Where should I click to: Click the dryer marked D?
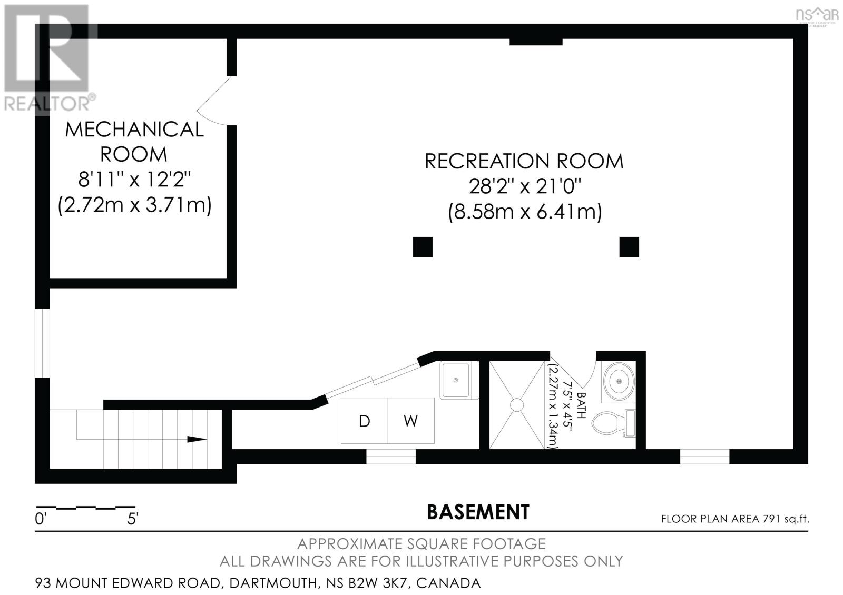364,421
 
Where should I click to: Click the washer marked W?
411,421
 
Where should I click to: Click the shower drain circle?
516,405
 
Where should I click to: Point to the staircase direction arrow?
197,439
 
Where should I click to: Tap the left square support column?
423,247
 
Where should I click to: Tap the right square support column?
629,247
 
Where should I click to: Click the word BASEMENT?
478,512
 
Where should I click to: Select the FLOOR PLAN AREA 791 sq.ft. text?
735,519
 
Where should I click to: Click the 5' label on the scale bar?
132,519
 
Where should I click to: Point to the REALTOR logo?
48,58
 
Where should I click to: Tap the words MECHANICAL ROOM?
134,141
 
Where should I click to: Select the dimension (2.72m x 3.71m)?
134,205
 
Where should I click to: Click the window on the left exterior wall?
42,343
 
